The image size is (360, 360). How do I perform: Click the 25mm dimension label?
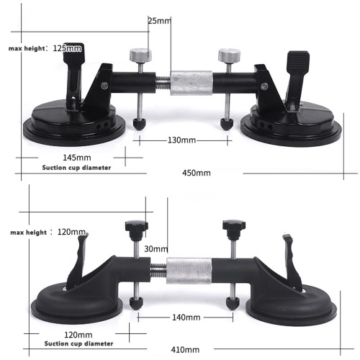(x=159, y=21)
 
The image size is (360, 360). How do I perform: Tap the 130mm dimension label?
(x=181, y=140)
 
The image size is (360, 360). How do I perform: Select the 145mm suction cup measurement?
(x=77, y=158)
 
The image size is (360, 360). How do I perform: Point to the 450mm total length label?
(x=197, y=173)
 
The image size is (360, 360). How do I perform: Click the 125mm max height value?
(x=67, y=48)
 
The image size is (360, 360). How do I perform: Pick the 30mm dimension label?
(x=156, y=249)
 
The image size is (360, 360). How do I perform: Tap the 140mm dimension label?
(x=186, y=318)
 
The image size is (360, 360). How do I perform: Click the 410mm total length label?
(x=185, y=350)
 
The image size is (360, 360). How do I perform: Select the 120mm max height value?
(x=71, y=232)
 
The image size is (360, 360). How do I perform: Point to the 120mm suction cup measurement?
(x=78, y=335)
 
